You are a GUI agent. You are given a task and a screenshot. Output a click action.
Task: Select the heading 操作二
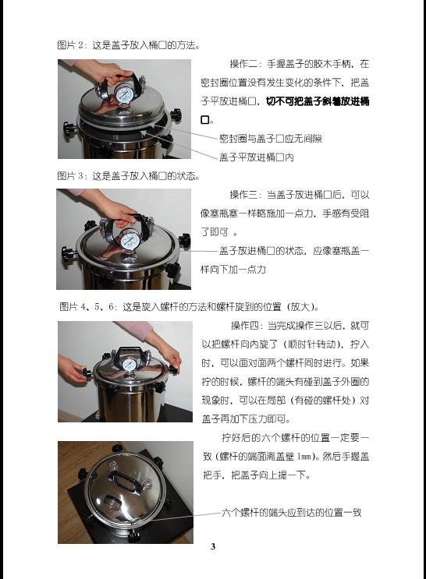click(x=244, y=64)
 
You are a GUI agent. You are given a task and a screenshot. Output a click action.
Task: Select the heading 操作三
click(x=244, y=195)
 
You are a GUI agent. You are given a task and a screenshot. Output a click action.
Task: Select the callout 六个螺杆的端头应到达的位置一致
click(x=291, y=512)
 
